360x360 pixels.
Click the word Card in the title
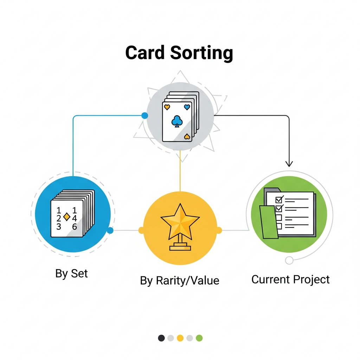pyautogui.click(x=145, y=53)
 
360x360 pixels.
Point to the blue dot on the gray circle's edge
pyautogui.click(x=144, y=115)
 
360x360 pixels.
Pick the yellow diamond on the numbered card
pyautogui.click(x=66, y=217)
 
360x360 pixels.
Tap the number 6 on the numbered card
pyautogui.click(x=75, y=227)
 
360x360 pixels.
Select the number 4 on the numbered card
pyautogui.click(x=74, y=219)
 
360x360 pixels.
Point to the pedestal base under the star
pyautogui.click(x=180, y=247)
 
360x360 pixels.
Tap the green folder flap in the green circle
pyautogui.click(x=269, y=221)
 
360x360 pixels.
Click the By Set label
pyautogui.click(x=71, y=274)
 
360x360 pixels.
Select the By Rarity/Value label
pyautogui.click(x=179, y=281)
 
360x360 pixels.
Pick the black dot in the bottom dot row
pyautogui.click(x=161, y=338)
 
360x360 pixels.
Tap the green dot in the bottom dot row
pyautogui.click(x=199, y=338)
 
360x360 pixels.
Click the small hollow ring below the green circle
pyautogui.click(x=289, y=261)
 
